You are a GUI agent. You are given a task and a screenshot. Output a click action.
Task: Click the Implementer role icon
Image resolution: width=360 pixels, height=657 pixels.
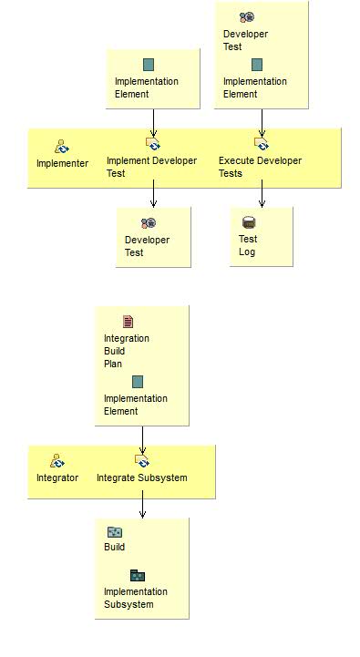click(62, 146)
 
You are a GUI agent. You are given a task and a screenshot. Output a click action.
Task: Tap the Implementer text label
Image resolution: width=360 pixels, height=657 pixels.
click(62, 163)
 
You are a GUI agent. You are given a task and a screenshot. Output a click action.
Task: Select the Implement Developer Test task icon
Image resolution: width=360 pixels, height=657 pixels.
click(153, 144)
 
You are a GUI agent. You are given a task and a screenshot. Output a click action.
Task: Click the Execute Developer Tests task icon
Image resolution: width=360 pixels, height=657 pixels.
click(262, 144)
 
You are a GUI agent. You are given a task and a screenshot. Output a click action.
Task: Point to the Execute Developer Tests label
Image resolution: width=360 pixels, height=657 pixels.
click(260, 167)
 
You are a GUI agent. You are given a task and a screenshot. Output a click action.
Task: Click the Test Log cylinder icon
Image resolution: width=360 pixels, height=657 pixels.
click(249, 222)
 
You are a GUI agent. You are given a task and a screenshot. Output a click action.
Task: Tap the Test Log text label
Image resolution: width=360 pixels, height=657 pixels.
click(248, 245)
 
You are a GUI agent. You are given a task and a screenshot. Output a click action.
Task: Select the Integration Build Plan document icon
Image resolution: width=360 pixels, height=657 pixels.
click(129, 322)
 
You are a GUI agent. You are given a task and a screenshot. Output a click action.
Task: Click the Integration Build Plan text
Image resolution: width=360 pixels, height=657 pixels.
click(126, 351)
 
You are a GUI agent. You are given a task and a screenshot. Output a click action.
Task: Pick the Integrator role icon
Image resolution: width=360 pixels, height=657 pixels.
click(57, 461)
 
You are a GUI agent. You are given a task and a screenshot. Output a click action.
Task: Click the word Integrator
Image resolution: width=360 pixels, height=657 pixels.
click(57, 477)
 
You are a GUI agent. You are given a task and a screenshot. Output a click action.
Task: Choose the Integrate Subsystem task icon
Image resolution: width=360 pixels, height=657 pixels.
click(142, 461)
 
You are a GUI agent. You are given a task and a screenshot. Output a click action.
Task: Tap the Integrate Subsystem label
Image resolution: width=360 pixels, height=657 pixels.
click(142, 477)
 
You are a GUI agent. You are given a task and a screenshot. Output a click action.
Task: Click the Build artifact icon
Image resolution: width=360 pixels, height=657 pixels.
click(115, 532)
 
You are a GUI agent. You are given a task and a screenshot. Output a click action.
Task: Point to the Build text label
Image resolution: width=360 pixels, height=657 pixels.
click(115, 547)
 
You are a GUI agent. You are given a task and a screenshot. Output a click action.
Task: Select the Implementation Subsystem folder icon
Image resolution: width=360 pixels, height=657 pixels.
click(137, 575)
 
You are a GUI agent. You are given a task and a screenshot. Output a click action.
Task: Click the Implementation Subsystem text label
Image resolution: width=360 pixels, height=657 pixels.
click(135, 598)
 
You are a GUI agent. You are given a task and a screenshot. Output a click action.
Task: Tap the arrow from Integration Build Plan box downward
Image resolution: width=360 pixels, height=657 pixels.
click(142, 436)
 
